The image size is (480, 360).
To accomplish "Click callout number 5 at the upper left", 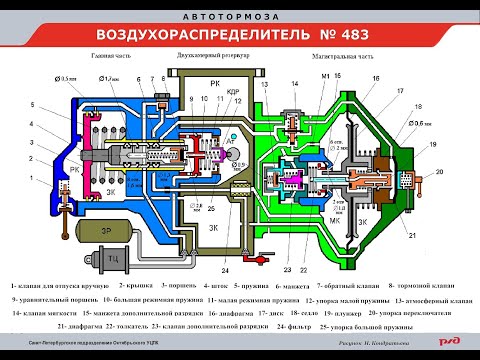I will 33,104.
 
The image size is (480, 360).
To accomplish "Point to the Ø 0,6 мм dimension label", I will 422,123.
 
